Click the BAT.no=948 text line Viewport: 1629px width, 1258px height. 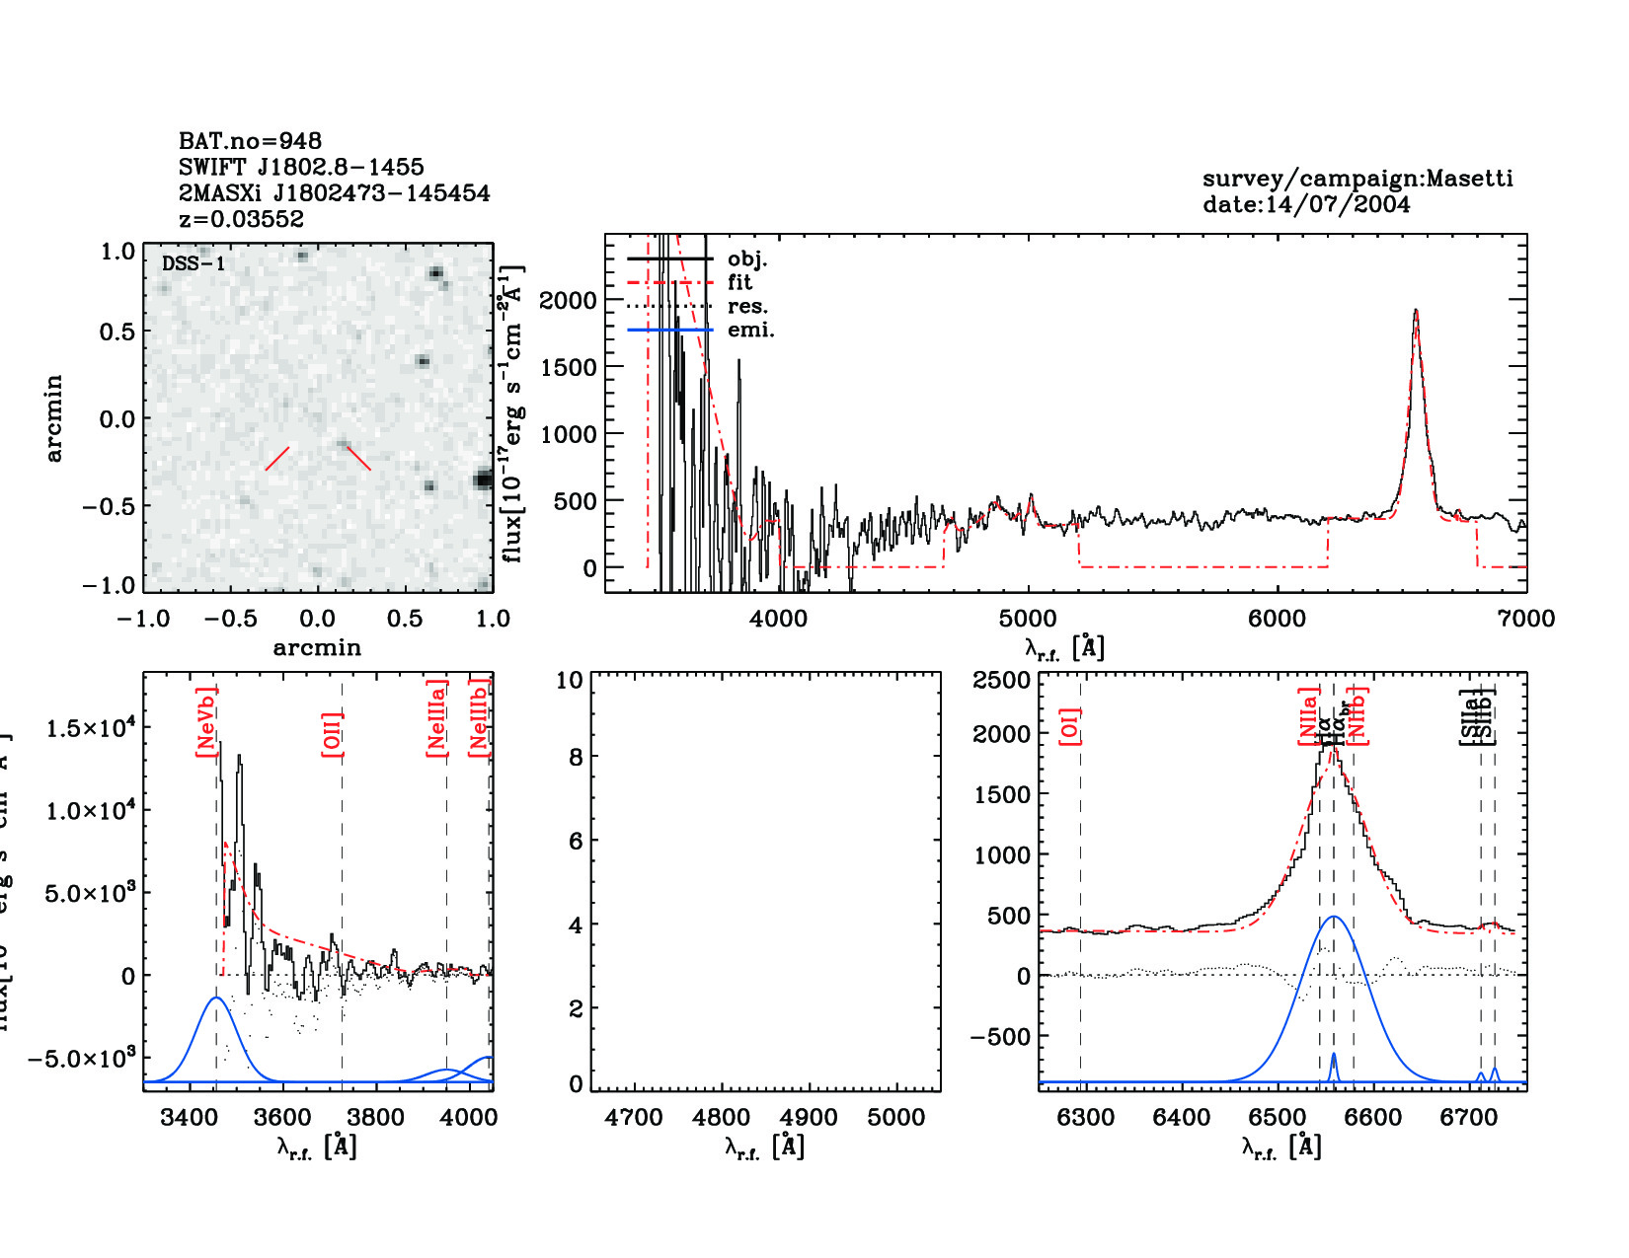[x=250, y=141]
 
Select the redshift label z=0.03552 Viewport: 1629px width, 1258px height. [x=241, y=219]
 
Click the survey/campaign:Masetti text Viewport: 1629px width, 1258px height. [x=1357, y=179]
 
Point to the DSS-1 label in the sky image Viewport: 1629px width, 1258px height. [x=194, y=263]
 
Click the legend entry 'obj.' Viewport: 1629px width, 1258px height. [x=746, y=259]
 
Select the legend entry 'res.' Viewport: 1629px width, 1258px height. [x=747, y=306]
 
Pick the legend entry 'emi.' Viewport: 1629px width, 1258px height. [x=750, y=330]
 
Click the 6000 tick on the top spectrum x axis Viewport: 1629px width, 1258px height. [x=1277, y=619]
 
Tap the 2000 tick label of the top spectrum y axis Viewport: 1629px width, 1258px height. [x=568, y=300]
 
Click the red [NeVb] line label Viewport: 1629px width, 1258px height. [x=205, y=722]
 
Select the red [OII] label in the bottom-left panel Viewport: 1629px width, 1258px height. [x=332, y=733]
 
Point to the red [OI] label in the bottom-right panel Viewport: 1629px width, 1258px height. [x=1069, y=725]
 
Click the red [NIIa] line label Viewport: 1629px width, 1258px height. [x=1308, y=716]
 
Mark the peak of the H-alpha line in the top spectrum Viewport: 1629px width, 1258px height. [x=1416, y=312]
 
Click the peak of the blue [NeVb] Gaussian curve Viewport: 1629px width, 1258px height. [x=216, y=998]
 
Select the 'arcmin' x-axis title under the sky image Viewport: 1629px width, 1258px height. [x=317, y=647]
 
